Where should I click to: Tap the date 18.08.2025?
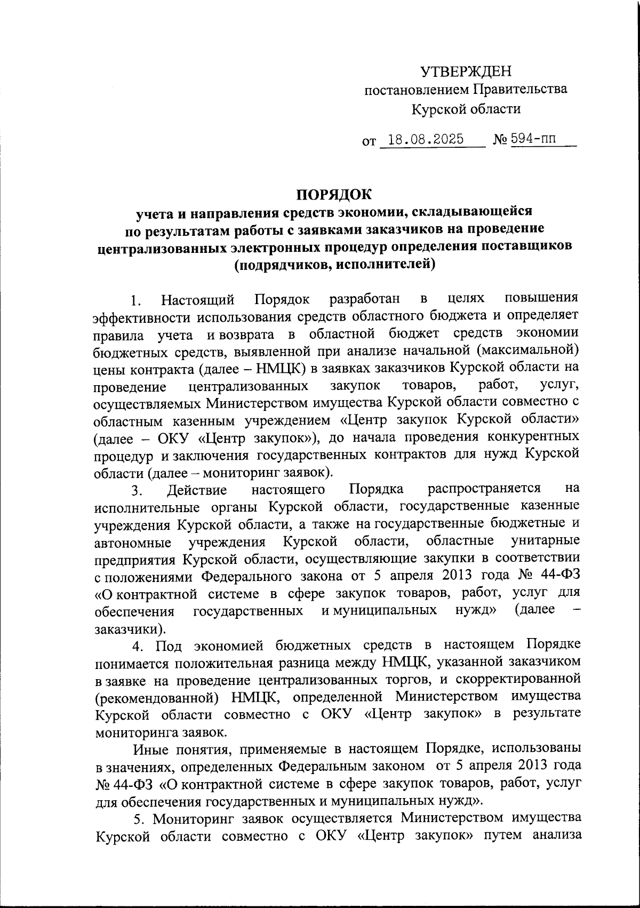(x=426, y=140)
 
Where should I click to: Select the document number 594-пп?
(x=533, y=140)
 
